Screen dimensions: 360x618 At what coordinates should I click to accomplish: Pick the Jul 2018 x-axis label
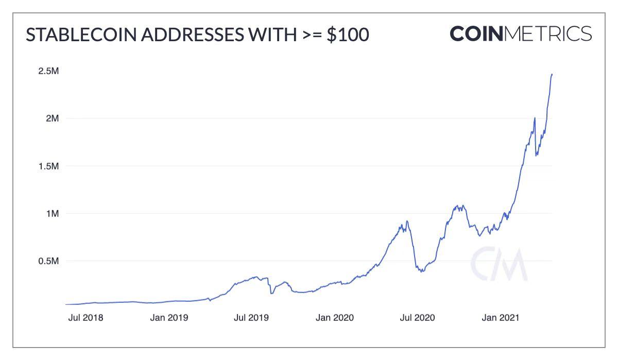[85, 317]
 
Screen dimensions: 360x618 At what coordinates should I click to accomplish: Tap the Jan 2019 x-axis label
[169, 317]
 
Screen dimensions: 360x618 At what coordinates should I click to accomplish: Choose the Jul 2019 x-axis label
[251, 317]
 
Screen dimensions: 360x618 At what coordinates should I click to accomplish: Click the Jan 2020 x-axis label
[335, 317]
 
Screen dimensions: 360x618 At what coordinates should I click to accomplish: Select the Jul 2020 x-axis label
[417, 317]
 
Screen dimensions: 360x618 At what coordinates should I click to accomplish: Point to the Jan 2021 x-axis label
[501, 317]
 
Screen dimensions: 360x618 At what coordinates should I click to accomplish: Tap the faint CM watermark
[499, 264]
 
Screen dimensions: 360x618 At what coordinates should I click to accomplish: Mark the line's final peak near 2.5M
[552, 74]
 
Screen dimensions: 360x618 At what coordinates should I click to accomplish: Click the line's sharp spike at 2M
[535, 118]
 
